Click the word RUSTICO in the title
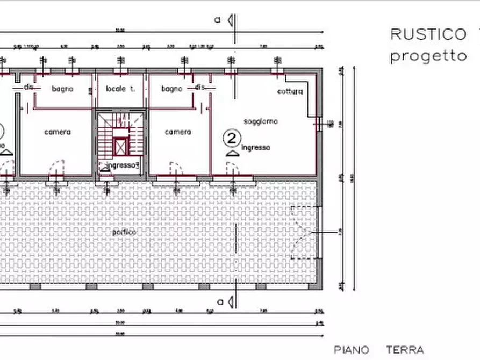[428, 34]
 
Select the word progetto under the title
[428, 55]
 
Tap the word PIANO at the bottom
[352, 350]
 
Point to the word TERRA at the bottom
[405, 350]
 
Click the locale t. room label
[120, 89]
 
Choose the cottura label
[290, 91]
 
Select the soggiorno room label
[261, 121]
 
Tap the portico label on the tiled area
[124, 232]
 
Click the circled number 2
[232, 139]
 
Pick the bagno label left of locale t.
[62, 89]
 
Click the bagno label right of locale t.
[171, 89]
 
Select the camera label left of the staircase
[58, 132]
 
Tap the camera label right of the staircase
[178, 132]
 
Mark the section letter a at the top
[218, 20]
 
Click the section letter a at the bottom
[220, 301]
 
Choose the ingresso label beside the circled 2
[256, 147]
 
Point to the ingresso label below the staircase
[122, 165]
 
